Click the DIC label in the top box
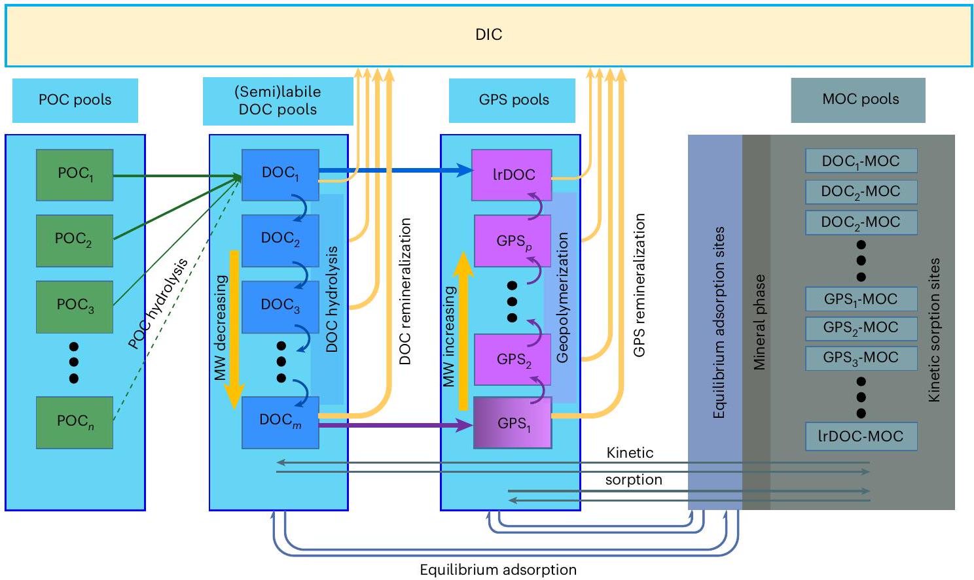click(x=488, y=35)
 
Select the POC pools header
click(x=75, y=100)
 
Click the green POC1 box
click(x=75, y=174)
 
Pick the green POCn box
click(x=75, y=422)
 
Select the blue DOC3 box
click(x=280, y=305)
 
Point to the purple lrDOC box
click(x=513, y=175)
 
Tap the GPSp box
click(x=513, y=241)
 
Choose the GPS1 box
click(x=513, y=423)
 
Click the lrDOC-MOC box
click(x=860, y=436)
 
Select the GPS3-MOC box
click(x=860, y=358)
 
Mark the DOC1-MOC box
click(x=860, y=161)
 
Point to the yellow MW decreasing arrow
click(x=234, y=327)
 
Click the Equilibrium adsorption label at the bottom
click(x=497, y=570)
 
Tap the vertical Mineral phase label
click(x=759, y=322)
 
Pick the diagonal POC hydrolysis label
click(x=158, y=303)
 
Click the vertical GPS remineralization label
click(x=640, y=285)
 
